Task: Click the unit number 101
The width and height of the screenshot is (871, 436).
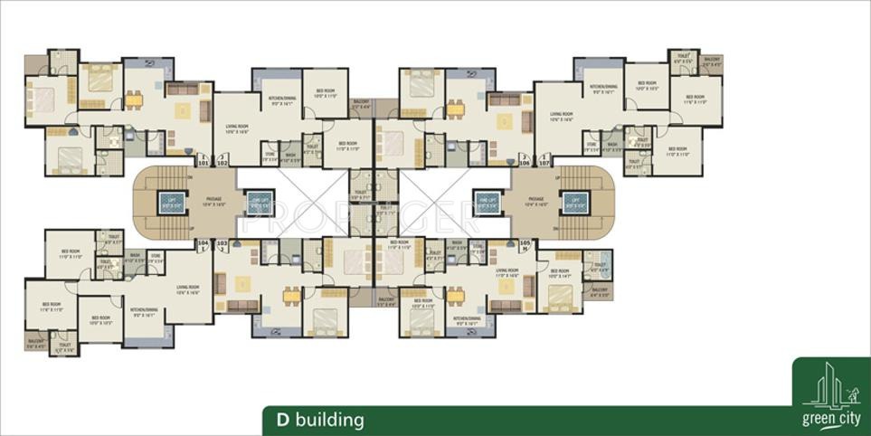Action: tap(204, 163)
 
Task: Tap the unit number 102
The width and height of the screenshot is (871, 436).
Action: tap(222, 163)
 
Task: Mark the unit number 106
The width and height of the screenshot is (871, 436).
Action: tap(524, 163)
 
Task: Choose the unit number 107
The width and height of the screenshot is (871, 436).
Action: tap(544, 163)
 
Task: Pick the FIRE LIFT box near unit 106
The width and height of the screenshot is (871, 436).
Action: tap(487, 203)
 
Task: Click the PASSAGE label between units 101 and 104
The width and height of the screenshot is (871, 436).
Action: tap(213, 201)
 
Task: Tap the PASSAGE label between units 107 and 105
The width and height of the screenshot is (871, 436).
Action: tap(535, 201)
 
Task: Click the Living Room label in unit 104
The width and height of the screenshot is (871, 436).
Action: tap(187, 289)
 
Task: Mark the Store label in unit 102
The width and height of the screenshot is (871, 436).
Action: tap(270, 156)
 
